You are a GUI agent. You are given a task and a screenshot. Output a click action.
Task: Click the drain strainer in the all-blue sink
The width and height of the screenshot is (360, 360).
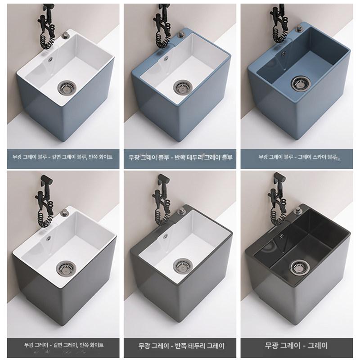point(301,82)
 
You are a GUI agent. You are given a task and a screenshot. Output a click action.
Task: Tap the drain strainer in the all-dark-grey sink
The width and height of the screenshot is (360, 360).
point(299,267)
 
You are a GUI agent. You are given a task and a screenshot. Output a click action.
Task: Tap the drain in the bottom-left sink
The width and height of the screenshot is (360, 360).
point(66,267)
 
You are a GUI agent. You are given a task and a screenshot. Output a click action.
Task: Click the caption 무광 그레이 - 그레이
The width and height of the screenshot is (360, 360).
point(296,345)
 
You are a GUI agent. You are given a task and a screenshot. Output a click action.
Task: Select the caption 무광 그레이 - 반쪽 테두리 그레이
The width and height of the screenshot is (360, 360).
point(181,346)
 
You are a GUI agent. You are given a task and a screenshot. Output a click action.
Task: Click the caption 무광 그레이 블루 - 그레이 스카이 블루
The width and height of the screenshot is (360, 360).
point(297,157)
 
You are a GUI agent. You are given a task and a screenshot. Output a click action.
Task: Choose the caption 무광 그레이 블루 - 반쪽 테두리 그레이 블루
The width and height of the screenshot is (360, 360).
point(180,157)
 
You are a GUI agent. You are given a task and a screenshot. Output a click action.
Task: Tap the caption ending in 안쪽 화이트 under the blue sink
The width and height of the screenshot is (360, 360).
point(63,157)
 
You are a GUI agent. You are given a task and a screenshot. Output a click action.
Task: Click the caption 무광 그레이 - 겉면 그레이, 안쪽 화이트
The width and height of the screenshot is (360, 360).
point(64,345)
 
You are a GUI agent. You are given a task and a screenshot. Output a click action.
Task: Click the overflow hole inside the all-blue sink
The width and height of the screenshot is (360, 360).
point(283,54)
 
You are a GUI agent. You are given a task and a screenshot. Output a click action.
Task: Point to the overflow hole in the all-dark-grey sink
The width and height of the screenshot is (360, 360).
point(281,235)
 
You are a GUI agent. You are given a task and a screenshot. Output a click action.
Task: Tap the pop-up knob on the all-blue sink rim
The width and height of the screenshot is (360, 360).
point(299,28)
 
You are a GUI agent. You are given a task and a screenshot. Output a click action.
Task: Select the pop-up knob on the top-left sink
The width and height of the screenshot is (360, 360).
point(65,36)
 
